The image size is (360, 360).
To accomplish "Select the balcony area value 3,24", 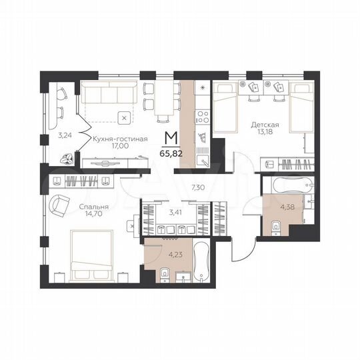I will click(x=64, y=135).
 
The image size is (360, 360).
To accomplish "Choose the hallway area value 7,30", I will click(x=197, y=189).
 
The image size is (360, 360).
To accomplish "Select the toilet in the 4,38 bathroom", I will click(x=275, y=231).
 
